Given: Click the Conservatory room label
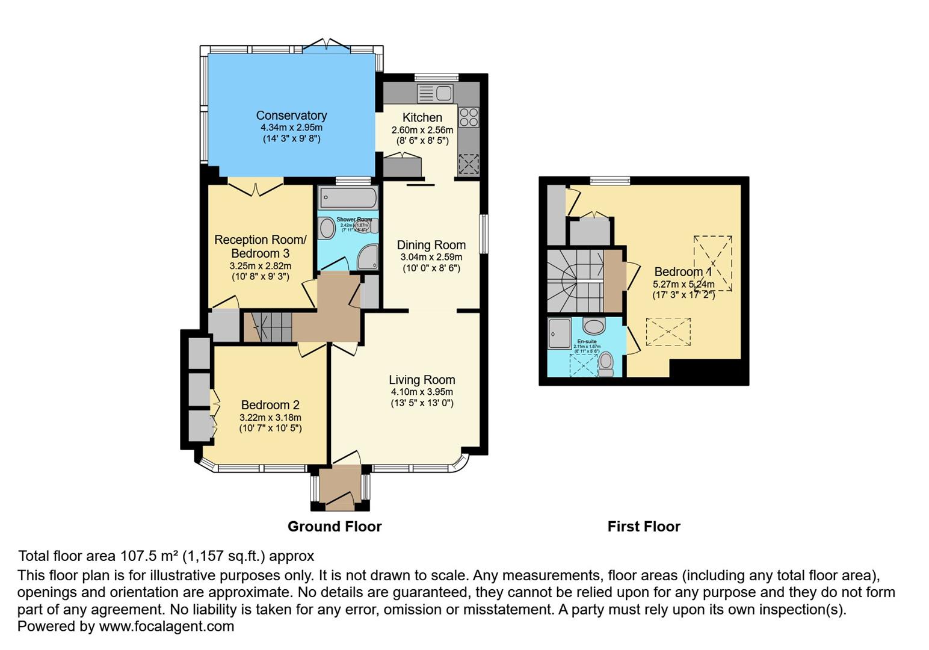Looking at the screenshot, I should (x=291, y=116).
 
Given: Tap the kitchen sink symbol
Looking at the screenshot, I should (x=435, y=94).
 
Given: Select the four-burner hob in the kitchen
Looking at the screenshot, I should (x=469, y=117).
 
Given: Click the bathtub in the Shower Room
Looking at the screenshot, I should (x=348, y=197).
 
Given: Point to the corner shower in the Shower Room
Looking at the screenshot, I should (x=368, y=258).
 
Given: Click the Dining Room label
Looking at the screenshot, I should (x=431, y=245).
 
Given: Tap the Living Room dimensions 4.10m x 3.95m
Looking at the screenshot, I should (x=421, y=392).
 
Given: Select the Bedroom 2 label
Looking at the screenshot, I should (x=270, y=405).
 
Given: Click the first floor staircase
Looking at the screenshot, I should (x=574, y=280).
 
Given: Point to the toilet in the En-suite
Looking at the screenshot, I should (x=606, y=364).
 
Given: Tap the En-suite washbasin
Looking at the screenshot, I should (x=594, y=327).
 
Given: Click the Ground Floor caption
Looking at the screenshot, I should (x=335, y=527).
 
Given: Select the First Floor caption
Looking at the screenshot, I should (x=644, y=527).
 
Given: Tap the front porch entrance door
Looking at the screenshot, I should (x=340, y=499).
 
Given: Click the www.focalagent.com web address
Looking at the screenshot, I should (x=166, y=627).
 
